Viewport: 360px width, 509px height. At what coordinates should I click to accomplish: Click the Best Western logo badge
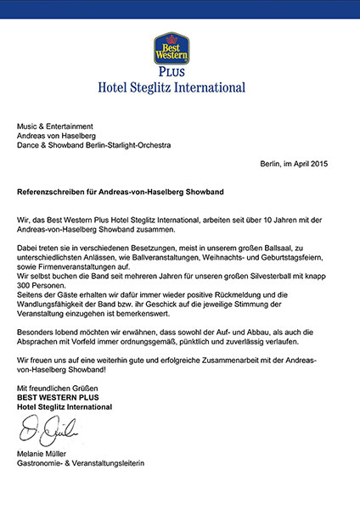click(171, 50)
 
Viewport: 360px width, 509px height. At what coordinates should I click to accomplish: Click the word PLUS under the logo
click(172, 73)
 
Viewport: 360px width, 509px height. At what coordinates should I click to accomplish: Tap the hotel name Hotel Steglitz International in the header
click(172, 87)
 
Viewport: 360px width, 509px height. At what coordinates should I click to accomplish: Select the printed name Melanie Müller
click(43, 453)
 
